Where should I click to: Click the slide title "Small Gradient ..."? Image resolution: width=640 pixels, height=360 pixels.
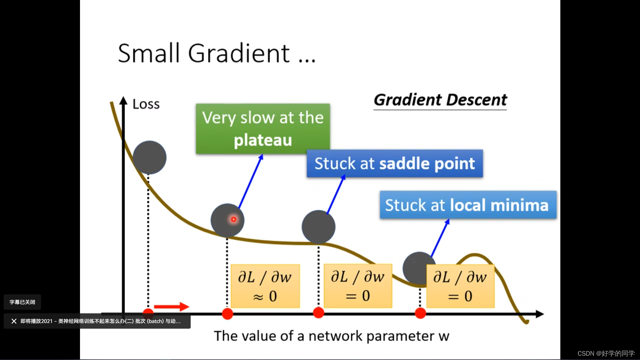(x=216, y=53)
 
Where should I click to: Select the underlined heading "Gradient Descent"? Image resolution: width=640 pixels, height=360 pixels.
(x=440, y=100)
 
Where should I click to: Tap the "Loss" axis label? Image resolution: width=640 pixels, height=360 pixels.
(x=146, y=104)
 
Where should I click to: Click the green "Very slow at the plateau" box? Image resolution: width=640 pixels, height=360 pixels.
(x=263, y=129)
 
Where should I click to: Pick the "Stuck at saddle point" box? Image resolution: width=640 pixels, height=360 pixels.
(x=395, y=163)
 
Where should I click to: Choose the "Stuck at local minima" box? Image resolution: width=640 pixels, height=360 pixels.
(x=468, y=205)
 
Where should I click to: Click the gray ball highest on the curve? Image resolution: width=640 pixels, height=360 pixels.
(x=149, y=157)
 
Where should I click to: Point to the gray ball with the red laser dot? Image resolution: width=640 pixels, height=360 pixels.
(x=227, y=220)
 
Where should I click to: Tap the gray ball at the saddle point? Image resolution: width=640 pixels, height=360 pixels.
(x=318, y=227)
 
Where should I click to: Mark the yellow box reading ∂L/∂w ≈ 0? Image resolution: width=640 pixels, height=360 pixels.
(x=265, y=286)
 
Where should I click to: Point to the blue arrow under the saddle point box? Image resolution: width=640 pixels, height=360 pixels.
(x=336, y=195)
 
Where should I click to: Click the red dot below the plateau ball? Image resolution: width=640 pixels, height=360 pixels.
(x=227, y=314)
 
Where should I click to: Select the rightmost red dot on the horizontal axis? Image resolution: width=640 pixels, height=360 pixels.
(x=420, y=313)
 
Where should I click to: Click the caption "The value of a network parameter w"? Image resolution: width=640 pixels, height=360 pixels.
(x=331, y=336)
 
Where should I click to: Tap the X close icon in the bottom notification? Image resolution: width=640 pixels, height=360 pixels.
(x=14, y=321)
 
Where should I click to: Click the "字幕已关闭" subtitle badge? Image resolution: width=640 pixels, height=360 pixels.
(x=22, y=302)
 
